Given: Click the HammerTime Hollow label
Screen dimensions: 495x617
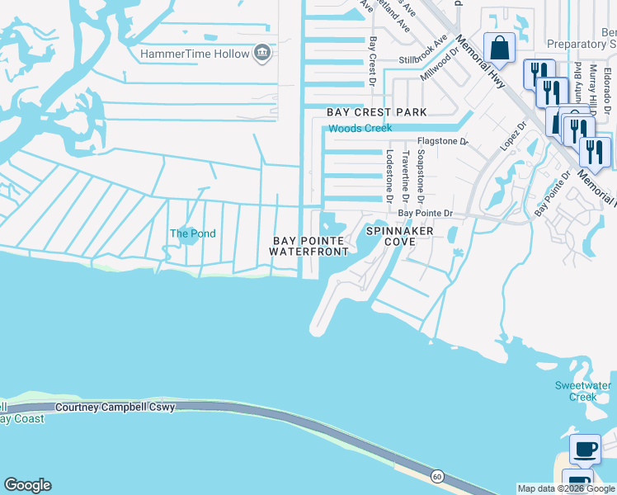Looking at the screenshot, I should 195,54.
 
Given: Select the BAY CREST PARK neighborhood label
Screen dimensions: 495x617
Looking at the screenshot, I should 377,112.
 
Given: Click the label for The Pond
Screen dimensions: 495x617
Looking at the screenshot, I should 192,233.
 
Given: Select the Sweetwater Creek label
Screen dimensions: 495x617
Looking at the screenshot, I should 582,391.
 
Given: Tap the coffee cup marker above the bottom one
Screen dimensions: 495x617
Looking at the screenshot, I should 585,450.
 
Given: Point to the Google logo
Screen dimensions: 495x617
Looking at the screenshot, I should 27,485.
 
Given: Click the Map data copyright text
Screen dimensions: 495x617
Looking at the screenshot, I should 566,488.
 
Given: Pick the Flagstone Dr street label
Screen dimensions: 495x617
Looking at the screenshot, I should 442,142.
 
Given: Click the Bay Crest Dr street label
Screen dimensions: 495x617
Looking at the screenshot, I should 373,62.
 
